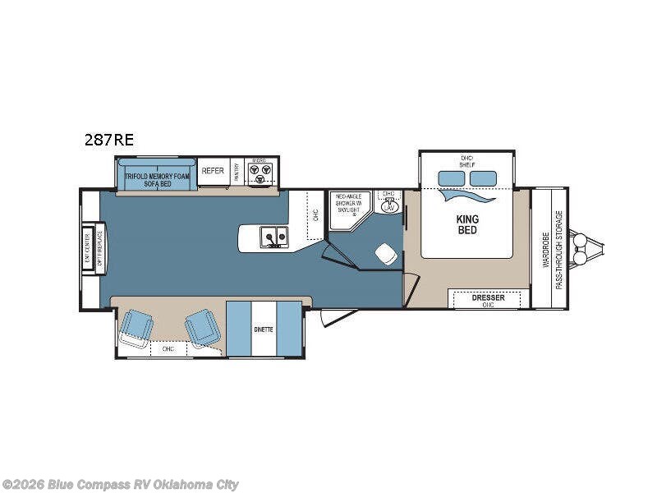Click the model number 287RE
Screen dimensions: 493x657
[108, 140]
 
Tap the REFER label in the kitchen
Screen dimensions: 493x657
[213, 171]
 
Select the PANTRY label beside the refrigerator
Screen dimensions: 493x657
[237, 171]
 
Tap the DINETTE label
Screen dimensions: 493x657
[264, 329]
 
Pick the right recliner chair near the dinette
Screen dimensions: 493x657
[201, 327]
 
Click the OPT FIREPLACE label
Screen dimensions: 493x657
[100, 248]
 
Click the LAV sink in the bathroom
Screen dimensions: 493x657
[389, 205]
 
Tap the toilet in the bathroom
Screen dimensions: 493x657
[385, 255]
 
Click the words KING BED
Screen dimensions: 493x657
[467, 224]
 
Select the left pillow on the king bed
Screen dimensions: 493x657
[451, 178]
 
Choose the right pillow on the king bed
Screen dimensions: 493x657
[484, 178]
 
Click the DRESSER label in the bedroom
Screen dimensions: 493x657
[488, 298]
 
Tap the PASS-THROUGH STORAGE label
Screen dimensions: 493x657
[559, 249]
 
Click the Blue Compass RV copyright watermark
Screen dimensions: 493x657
[121, 484]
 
